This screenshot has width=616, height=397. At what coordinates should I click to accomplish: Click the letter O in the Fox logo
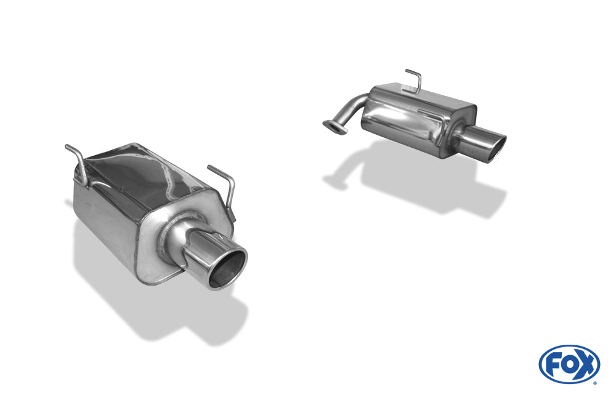(x=569, y=364)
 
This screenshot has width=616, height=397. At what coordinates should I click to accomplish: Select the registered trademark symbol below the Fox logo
(x=594, y=383)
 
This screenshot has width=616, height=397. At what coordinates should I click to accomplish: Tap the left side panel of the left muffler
(x=102, y=222)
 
